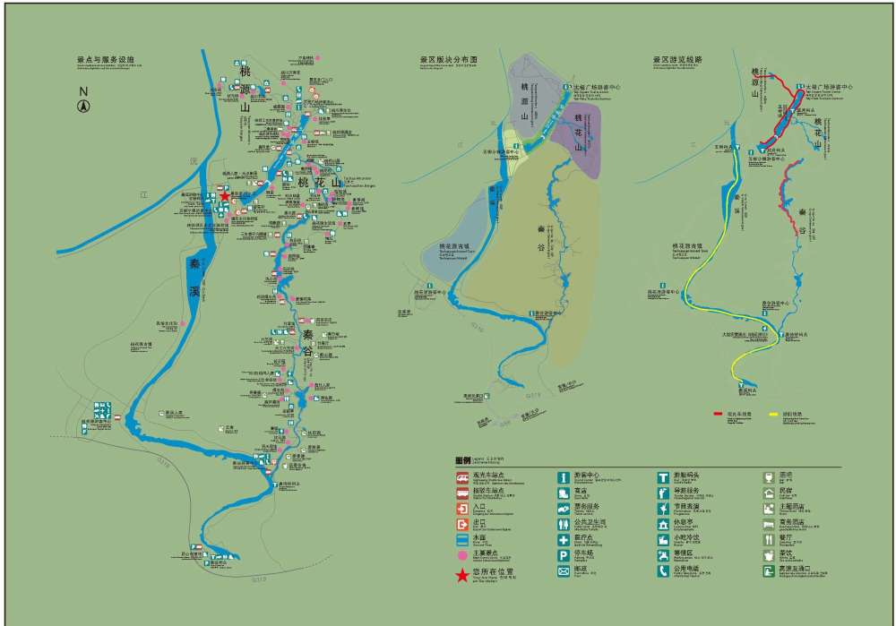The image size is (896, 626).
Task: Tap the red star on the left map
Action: tap(224, 196)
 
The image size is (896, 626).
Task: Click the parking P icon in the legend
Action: tap(564, 556)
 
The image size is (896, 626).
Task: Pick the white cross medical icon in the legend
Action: tap(564, 540)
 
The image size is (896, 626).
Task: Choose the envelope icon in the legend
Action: tap(564, 571)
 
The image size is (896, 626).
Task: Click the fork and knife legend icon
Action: tap(768, 540)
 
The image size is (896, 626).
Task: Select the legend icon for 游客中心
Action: tap(564, 476)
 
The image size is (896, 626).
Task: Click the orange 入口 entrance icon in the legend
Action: tap(461, 508)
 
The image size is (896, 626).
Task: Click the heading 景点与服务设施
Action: tap(106, 60)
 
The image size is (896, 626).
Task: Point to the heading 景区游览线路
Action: tap(678, 60)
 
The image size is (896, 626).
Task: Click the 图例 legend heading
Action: tap(462, 459)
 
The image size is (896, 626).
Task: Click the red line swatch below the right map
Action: tap(719, 414)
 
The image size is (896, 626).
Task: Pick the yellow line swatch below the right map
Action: tap(773, 414)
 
